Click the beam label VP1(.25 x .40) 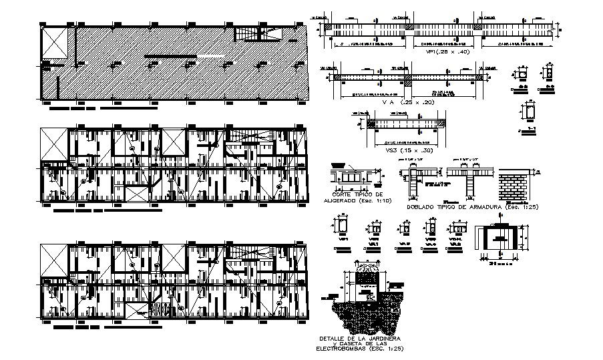coord(441,51)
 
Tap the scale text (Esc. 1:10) coord(378,200)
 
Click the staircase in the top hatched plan coord(251,34)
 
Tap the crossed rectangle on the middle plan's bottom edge coord(138,194)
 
